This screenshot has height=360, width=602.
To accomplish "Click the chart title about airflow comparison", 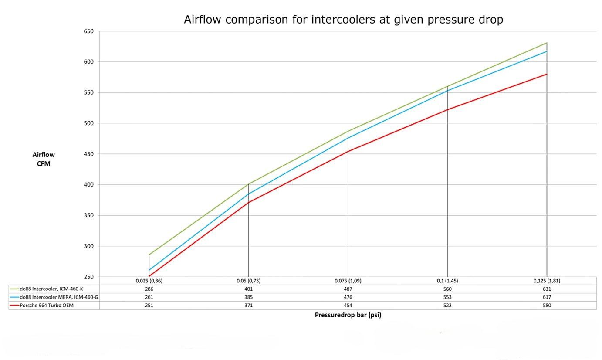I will coord(343,20).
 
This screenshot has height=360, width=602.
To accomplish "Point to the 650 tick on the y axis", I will coord(88,31).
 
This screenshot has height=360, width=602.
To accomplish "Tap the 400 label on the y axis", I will coord(88,185).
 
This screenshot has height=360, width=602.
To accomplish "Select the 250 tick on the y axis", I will coord(88,277).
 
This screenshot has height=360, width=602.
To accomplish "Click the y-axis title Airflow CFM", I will coord(44,159).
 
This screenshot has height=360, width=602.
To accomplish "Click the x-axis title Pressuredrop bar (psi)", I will coord(348,315).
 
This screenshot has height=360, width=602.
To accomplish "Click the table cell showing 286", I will coord(149,289).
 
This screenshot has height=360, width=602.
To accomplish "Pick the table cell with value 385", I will coord(248,297).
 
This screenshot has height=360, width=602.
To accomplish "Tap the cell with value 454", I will coord(348,306).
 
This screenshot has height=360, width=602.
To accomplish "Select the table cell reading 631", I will coord(547,289).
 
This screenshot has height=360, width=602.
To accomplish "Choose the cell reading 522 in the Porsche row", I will coord(447,306).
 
